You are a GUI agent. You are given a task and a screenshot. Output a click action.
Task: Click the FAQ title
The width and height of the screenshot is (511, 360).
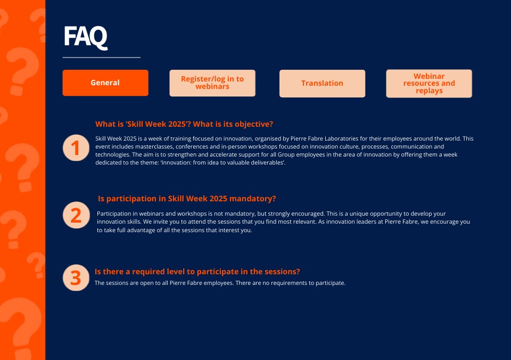tap(85, 37)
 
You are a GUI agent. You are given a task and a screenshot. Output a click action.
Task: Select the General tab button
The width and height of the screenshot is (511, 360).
tap(105, 83)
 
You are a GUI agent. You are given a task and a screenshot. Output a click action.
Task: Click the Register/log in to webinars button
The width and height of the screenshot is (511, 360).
tap(212, 83)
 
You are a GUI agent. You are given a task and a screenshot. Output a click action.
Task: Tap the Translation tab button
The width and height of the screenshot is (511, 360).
tap(322, 83)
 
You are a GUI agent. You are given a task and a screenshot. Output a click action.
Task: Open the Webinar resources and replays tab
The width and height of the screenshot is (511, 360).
tap(429, 84)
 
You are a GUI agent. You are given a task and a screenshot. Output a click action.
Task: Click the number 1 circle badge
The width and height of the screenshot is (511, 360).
tap(76, 148)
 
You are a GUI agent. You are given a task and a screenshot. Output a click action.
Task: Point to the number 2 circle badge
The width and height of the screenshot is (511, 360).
tap(76, 215)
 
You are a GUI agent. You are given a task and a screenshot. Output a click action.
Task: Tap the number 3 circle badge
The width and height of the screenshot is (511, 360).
tap(76, 277)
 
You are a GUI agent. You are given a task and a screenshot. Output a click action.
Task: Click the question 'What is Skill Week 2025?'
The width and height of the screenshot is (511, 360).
tap(184, 124)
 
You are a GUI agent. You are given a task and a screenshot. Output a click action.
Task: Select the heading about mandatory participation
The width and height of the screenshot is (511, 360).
tap(187, 199)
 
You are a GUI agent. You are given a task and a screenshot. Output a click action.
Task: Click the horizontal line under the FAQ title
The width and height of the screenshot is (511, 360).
tap(101, 57)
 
